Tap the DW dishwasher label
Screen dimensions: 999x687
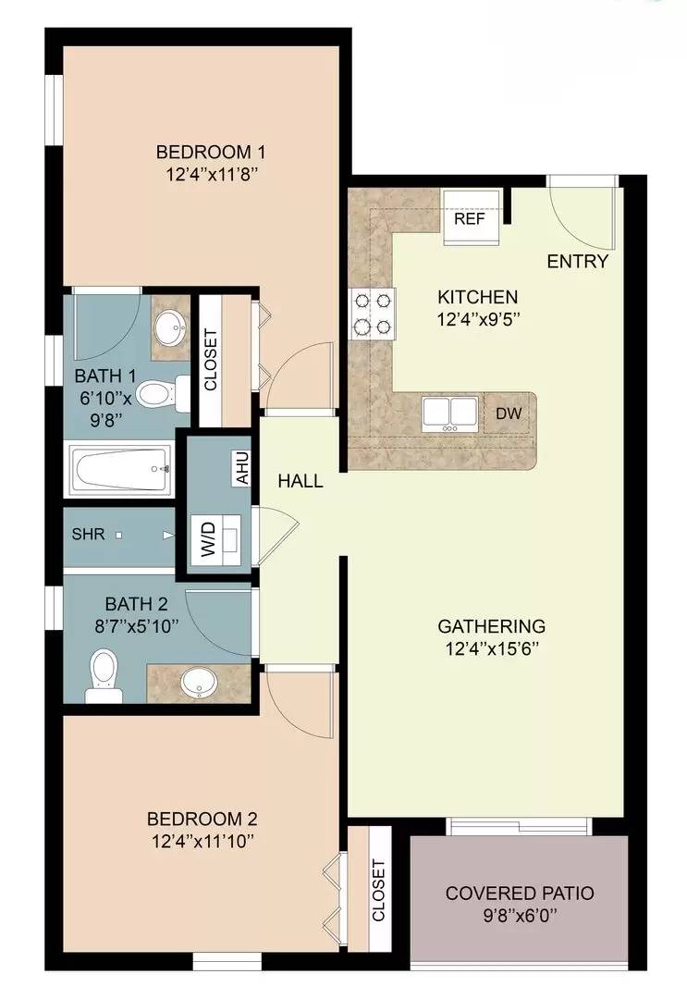click(x=509, y=414)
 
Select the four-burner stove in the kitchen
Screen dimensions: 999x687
click(x=372, y=314)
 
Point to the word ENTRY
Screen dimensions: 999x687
click(x=578, y=262)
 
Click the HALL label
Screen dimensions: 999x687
click(x=301, y=481)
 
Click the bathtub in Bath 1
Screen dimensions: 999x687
click(x=120, y=469)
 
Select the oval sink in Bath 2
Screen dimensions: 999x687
click(x=197, y=684)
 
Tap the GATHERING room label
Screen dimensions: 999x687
click(x=491, y=626)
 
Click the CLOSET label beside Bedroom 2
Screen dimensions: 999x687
click(x=378, y=890)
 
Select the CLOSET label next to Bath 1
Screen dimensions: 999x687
click(x=209, y=361)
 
